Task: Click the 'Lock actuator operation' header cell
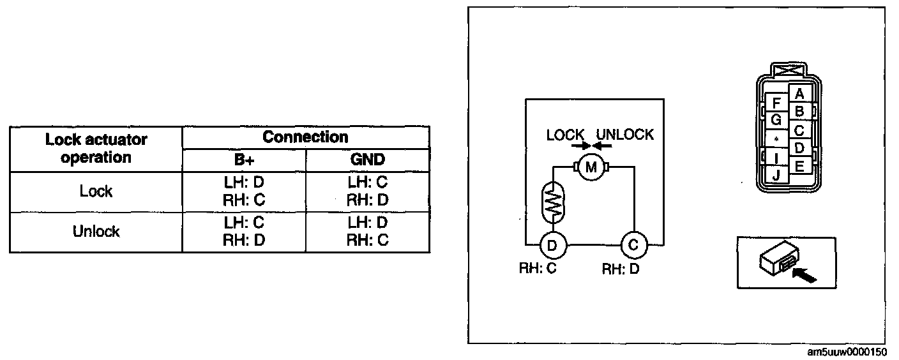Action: (x=96, y=149)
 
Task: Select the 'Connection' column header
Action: (x=306, y=137)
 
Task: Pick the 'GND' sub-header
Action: (x=367, y=160)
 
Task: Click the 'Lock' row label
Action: (x=96, y=191)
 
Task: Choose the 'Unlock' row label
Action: (x=96, y=231)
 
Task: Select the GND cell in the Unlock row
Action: (x=367, y=231)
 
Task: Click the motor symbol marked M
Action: (x=591, y=168)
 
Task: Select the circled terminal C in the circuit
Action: (x=633, y=244)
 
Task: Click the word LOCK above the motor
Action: (x=565, y=135)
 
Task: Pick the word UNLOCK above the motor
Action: (x=624, y=135)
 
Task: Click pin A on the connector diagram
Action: (x=799, y=94)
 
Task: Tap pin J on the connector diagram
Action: (x=776, y=174)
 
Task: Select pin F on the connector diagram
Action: (x=776, y=103)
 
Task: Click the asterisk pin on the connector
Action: (x=776, y=139)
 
